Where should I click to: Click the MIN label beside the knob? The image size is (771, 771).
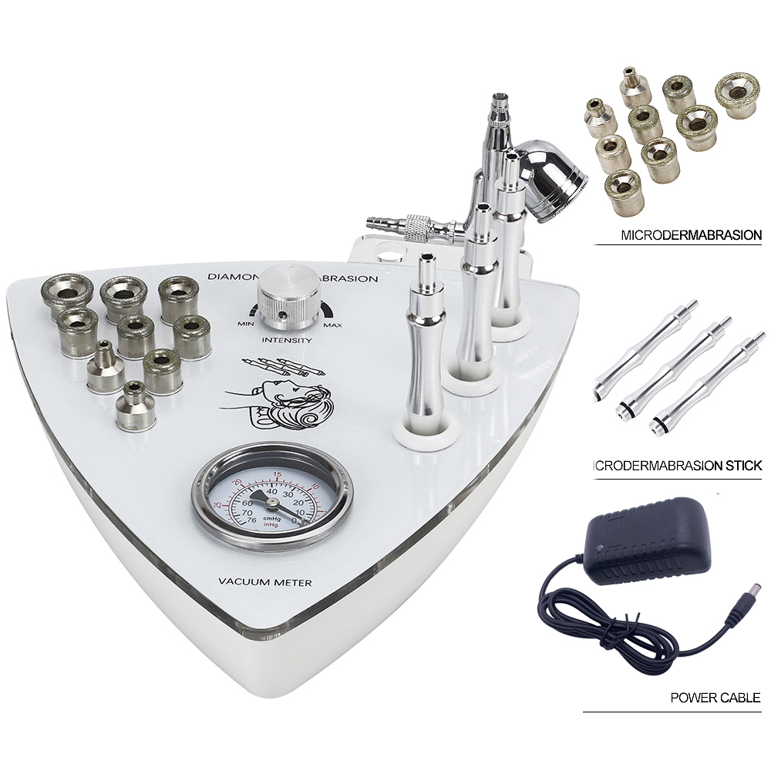tap(247, 323)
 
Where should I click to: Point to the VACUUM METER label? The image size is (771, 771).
tap(265, 583)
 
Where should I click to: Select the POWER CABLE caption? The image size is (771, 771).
tap(715, 698)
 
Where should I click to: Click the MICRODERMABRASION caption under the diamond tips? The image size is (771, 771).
tap(691, 234)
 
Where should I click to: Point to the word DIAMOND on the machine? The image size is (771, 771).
tap(231, 277)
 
